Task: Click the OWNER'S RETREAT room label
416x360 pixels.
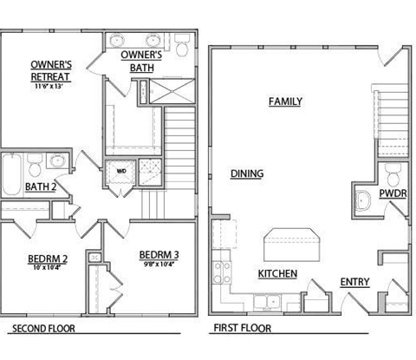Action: click(50, 70)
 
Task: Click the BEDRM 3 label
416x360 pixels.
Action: click(159, 254)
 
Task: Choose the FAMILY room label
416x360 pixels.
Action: click(285, 101)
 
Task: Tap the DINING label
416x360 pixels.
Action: click(247, 173)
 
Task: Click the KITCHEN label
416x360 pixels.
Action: click(277, 274)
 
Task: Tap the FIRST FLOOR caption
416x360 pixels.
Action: click(242, 330)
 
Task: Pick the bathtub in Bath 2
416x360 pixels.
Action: click(10, 173)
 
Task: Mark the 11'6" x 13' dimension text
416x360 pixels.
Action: click(50, 87)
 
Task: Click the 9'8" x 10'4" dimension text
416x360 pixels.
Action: click(159, 265)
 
